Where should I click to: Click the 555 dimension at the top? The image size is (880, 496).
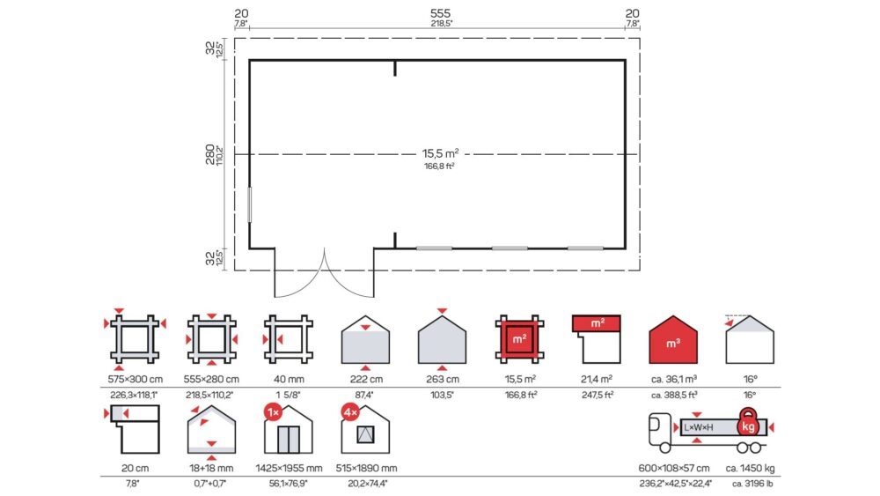point(440,13)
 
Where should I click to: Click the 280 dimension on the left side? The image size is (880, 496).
point(210,154)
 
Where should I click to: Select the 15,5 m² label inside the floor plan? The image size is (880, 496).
point(440,153)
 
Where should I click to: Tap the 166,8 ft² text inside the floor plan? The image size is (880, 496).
point(439,167)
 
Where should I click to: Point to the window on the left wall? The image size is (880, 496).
point(250,204)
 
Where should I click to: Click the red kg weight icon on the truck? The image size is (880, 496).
point(748,423)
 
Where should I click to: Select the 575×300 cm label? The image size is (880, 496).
point(136,379)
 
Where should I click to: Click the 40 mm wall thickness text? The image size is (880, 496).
point(289,379)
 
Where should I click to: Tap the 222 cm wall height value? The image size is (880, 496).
point(366,379)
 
